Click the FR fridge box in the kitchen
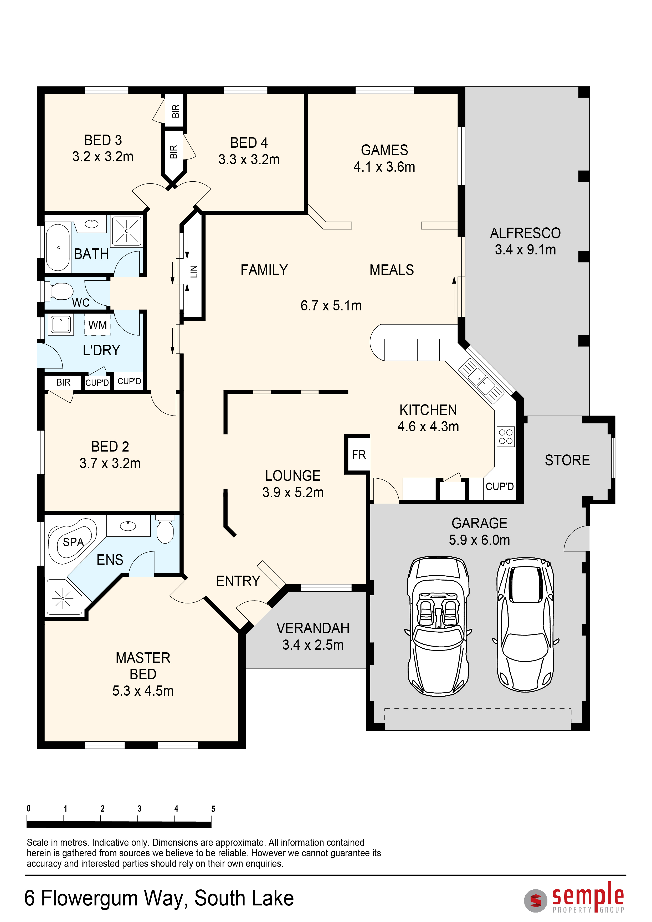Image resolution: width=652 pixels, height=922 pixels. click(x=357, y=454)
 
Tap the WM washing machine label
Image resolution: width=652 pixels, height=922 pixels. click(x=97, y=325)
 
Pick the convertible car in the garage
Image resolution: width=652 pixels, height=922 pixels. click(x=438, y=626)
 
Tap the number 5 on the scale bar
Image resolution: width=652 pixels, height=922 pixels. click(x=213, y=809)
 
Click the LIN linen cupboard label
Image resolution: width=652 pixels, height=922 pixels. click(x=194, y=272)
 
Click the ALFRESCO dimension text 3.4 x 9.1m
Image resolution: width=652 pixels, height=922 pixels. click(x=525, y=250)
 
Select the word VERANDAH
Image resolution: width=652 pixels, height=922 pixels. click(x=313, y=628)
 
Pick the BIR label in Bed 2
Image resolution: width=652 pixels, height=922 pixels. click(x=63, y=382)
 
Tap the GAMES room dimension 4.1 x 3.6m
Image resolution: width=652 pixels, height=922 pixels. click(x=384, y=167)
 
